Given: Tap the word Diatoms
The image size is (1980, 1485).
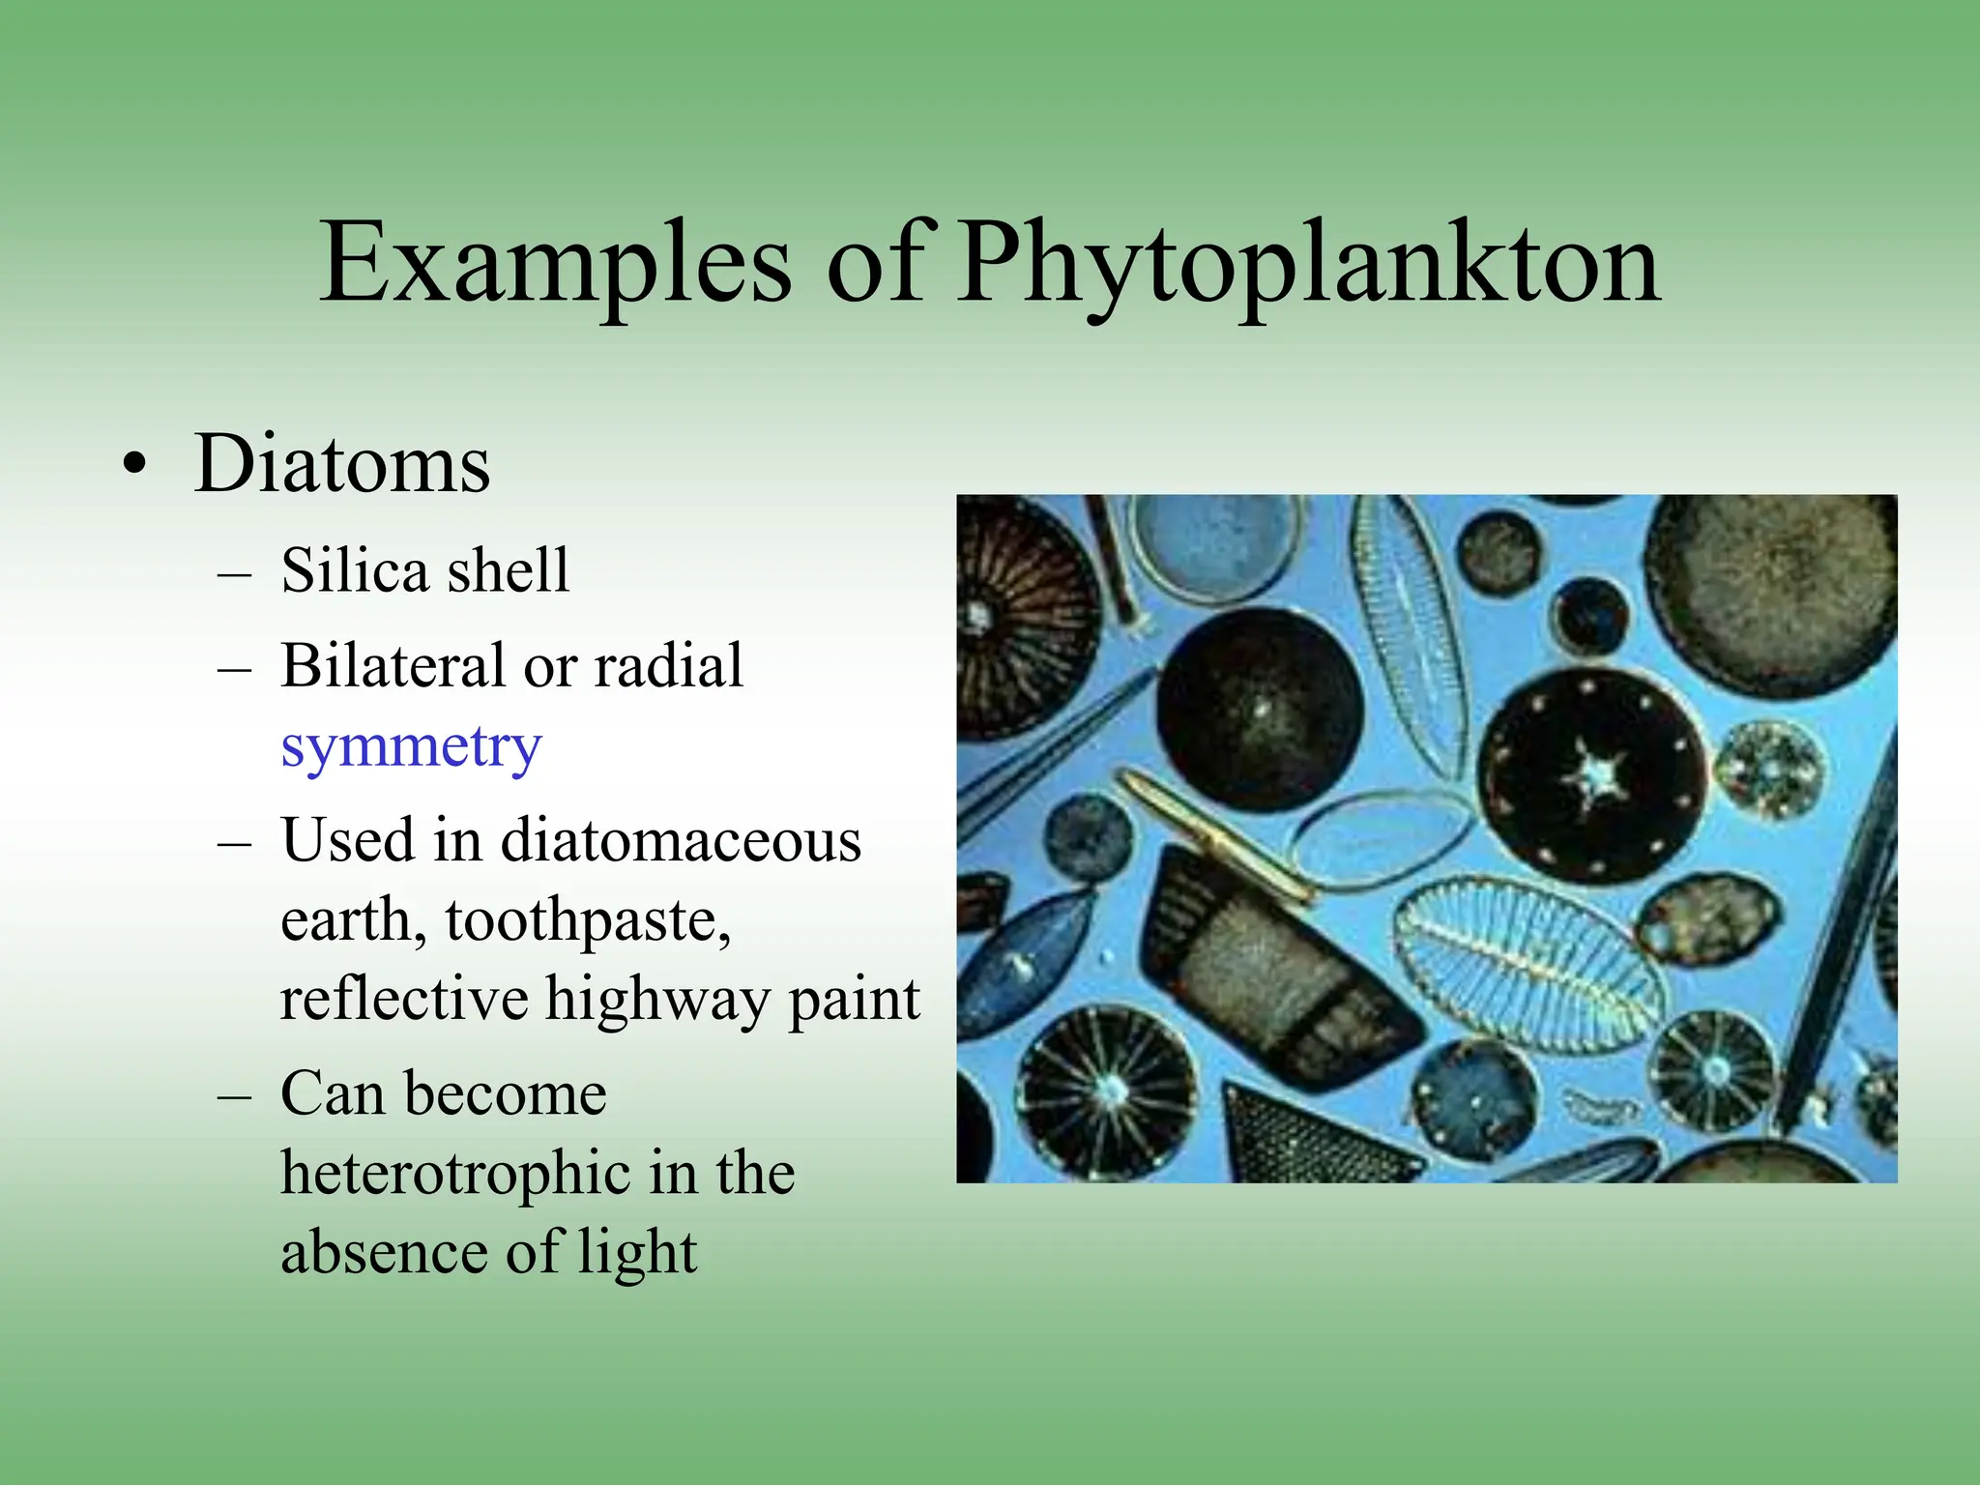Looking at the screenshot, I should [x=342, y=464].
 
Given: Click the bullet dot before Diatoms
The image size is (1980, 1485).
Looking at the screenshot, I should [x=135, y=465].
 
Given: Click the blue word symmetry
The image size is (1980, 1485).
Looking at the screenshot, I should [x=411, y=747].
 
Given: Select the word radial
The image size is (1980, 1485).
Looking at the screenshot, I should [x=668, y=665].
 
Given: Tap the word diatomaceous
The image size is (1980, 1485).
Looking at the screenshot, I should [x=681, y=839].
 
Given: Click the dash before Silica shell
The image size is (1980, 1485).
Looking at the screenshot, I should [x=235, y=573].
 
